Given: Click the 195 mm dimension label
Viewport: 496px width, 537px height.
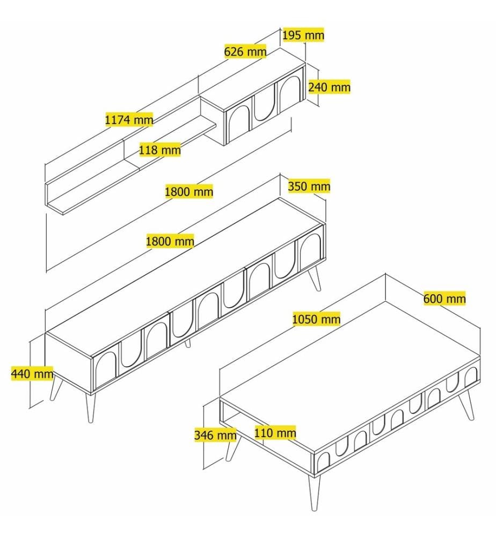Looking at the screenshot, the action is pyautogui.click(x=303, y=35).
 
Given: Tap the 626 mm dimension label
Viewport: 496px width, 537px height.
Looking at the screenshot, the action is pyautogui.click(x=245, y=52).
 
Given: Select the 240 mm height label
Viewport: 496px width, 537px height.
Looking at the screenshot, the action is pyautogui.click(x=329, y=87).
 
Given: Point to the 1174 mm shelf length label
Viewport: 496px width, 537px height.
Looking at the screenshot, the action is pyautogui.click(x=129, y=120).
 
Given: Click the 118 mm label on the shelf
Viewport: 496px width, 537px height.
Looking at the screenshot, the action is pyautogui.click(x=159, y=150).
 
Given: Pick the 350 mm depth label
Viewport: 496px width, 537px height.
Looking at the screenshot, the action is pyautogui.click(x=309, y=186).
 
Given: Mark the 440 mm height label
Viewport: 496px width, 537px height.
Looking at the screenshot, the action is pyautogui.click(x=32, y=373).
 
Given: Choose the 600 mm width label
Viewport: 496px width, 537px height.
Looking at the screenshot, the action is pyautogui.click(x=444, y=298).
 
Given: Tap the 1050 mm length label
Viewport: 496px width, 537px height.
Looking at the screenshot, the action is pyautogui.click(x=316, y=319).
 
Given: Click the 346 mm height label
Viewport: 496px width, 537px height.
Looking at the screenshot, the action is pyautogui.click(x=215, y=435).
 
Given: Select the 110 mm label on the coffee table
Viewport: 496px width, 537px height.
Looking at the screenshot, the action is pyautogui.click(x=275, y=432).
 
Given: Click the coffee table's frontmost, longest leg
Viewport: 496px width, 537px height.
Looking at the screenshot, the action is pyautogui.click(x=314, y=492).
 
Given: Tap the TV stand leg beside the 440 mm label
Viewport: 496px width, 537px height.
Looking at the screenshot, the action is pyautogui.click(x=56, y=388).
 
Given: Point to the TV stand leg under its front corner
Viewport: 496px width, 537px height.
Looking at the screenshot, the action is pyautogui.click(x=90, y=408).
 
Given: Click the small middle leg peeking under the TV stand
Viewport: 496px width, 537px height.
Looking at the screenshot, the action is pyautogui.click(x=187, y=344).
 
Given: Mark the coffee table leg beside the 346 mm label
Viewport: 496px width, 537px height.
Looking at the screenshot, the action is pyautogui.click(x=233, y=448).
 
